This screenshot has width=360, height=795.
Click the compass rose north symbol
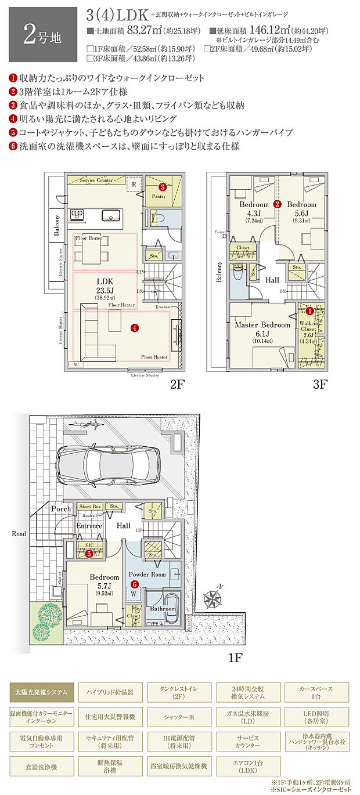tap(213, 597)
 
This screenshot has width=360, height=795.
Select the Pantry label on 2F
tap(159, 197)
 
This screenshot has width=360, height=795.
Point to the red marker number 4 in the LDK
tap(135, 328)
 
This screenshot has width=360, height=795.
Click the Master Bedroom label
tap(262, 325)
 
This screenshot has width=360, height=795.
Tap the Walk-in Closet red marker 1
tap(309, 312)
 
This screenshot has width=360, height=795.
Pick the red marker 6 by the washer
tap(135, 584)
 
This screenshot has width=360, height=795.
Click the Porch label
tap(61, 509)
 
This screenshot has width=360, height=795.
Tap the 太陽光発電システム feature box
tap(42, 692)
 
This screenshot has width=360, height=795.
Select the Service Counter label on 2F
tap(97, 180)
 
